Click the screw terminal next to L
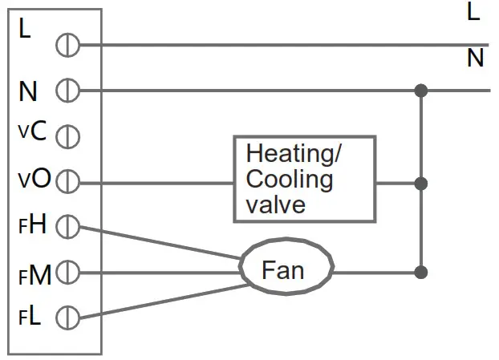tap(67, 46)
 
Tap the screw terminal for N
tap(67, 91)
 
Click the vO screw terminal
tap(67, 182)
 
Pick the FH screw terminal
tap(67, 228)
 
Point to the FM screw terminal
tap(67, 273)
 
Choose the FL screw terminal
tap(67, 318)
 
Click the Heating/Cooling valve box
tap(304, 179)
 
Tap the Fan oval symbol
tap(285, 271)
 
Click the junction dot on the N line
tap(420, 91)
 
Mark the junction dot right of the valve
tap(420, 184)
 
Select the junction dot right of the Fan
tap(420, 273)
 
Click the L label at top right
tap(473, 12)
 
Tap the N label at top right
tap(475, 59)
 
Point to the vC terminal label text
tap(33, 131)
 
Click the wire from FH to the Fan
tap(160, 244)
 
